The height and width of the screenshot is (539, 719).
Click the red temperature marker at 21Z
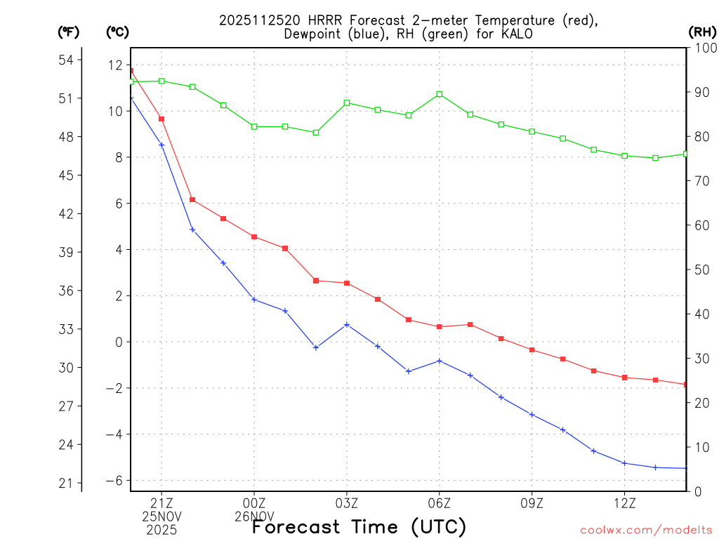click(x=161, y=119)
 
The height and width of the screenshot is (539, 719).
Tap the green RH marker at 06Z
click(x=440, y=94)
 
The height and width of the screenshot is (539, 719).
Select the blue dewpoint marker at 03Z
click(x=347, y=325)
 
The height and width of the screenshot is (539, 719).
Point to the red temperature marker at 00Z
click(x=254, y=237)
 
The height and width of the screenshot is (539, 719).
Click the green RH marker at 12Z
click(x=624, y=156)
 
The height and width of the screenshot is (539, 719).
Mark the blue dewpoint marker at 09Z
click(x=532, y=415)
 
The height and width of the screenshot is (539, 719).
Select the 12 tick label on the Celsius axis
click(x=115, y=65)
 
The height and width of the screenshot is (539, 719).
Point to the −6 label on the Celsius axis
click(x=113, y=480)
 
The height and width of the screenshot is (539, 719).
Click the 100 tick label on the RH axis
click(x=702, y=48)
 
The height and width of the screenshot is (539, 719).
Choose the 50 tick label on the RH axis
click(x=699, y=269)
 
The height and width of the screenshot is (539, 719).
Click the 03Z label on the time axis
click(x=347, y=503)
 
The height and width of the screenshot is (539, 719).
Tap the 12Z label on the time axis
click(x=624, y=503)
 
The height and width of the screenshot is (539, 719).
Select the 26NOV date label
click(x=254, y=516)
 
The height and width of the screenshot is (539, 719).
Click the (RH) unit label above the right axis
click(x=702, y=32)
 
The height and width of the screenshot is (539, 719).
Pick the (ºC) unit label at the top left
click(x=117, y=32)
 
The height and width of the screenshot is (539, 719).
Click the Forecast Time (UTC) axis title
click(x=359, y=526)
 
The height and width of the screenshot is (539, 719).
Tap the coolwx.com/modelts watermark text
click(x=646, y=529)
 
